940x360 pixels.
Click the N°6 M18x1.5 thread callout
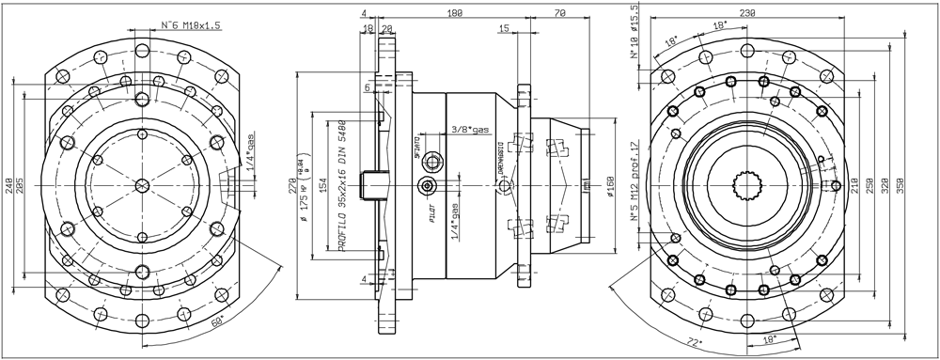coord(179,25)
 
